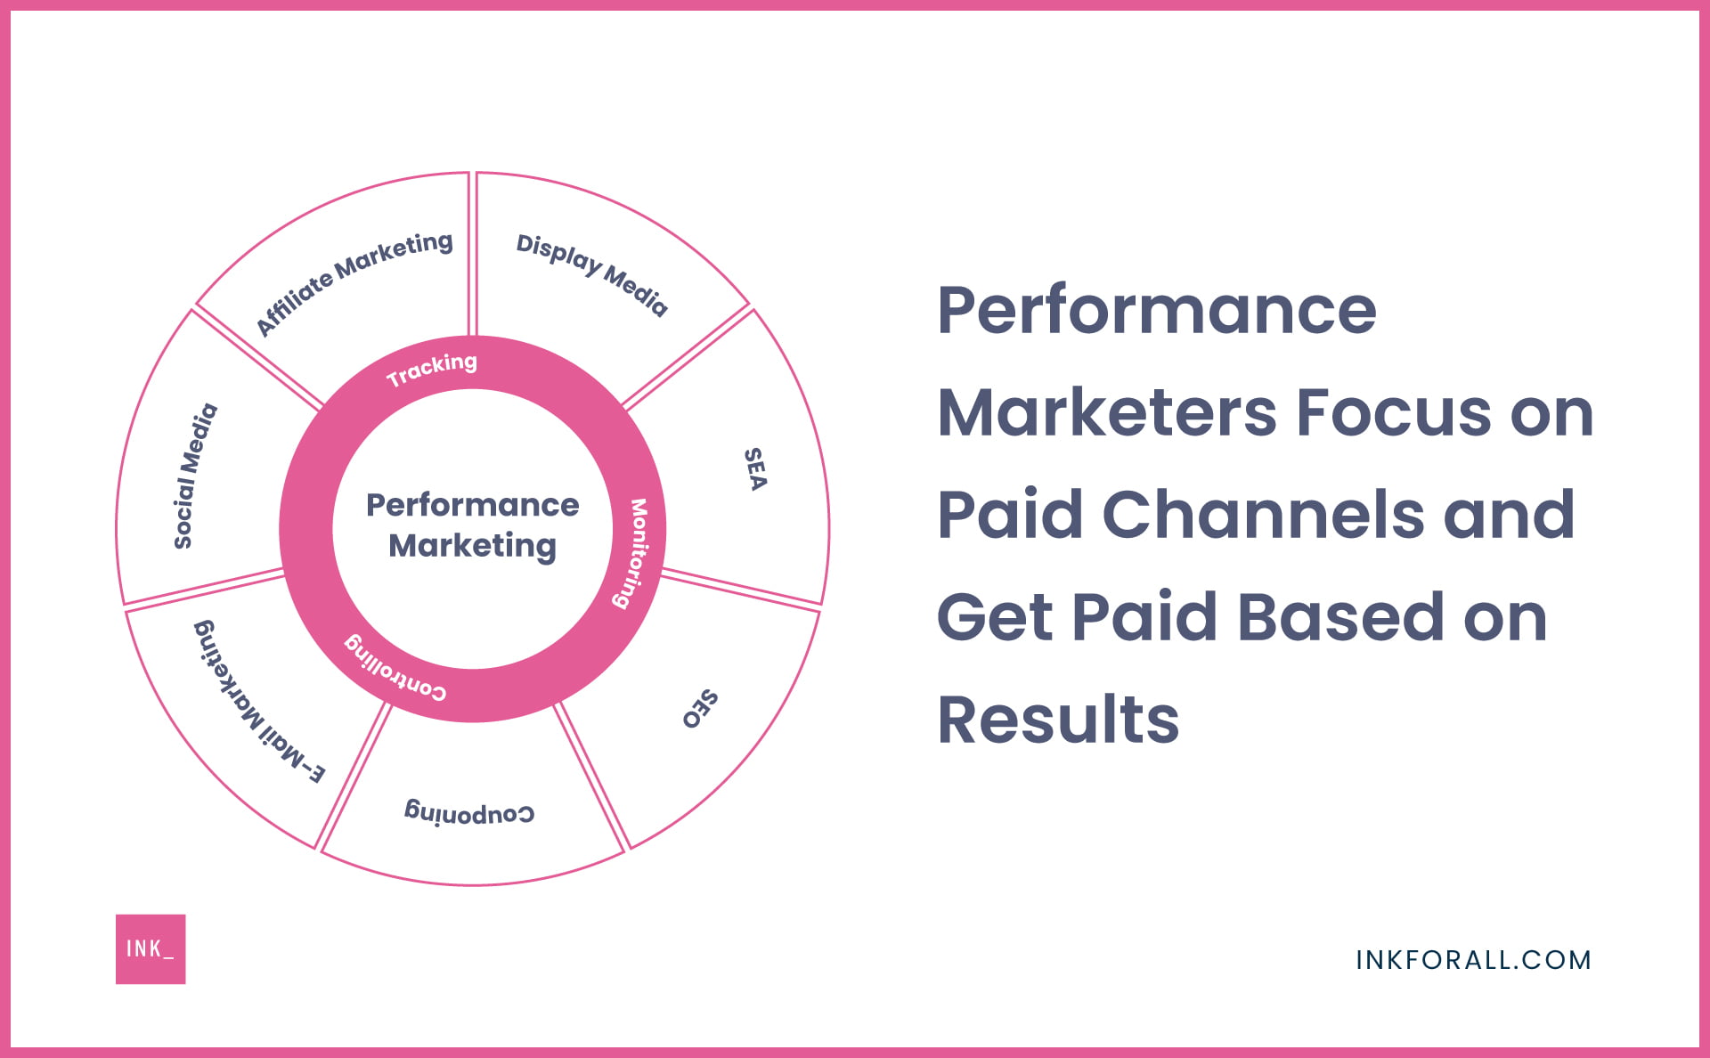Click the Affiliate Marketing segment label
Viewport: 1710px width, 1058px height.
354,282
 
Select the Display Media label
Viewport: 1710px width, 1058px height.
591,274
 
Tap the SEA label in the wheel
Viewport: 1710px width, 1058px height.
755,469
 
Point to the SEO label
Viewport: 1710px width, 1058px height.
700,709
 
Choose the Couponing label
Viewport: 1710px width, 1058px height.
469,812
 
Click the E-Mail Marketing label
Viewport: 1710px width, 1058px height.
259,702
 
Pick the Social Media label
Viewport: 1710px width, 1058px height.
195,476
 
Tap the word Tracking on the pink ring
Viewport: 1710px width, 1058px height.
432,369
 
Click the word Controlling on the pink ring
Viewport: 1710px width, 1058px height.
395,668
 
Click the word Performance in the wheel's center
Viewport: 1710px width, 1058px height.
472,505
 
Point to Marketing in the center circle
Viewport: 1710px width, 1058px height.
472,545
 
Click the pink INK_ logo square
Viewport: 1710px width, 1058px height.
151,948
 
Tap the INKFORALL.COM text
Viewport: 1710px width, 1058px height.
1473,960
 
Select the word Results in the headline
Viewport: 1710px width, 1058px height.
1058,719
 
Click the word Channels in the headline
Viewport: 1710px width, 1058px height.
1263,514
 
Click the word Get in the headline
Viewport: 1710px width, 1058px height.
995,616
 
